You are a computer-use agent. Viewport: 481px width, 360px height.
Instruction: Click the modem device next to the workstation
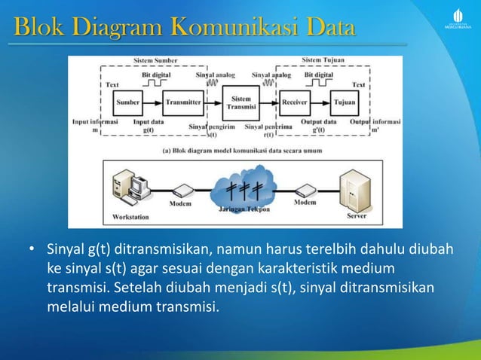182,191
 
